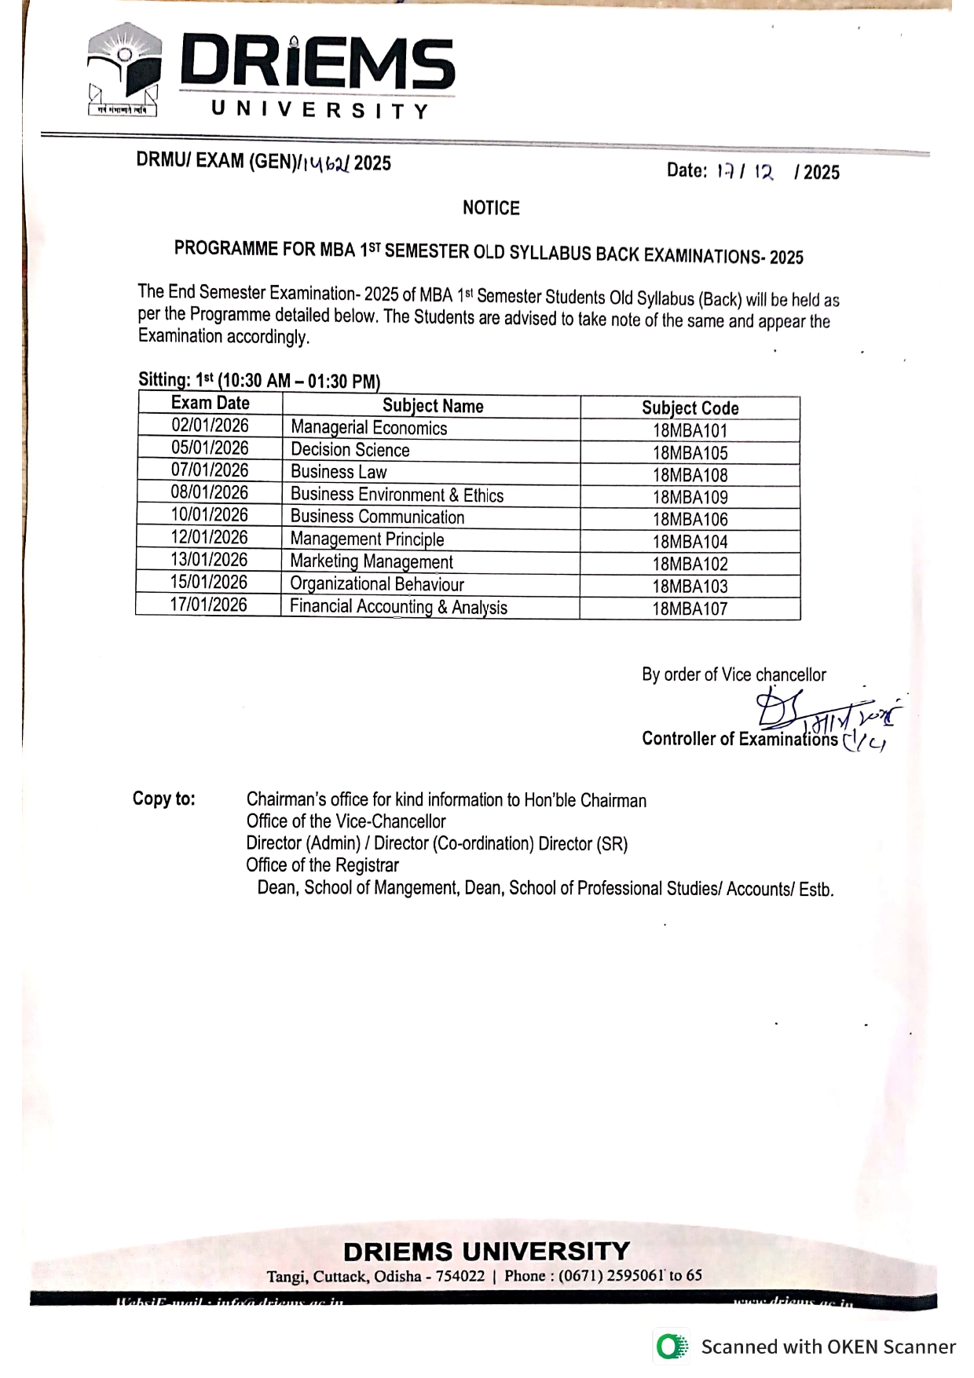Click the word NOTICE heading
(491, 208)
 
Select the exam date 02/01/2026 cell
(210, 426)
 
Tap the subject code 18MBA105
(690, 453)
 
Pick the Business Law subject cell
(339, 472)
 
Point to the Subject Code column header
(690, 408)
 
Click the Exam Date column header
(210, 404)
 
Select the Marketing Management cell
(371, 561)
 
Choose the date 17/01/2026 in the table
(208, 605)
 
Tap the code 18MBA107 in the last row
(690, 609)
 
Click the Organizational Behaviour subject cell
(376, 584)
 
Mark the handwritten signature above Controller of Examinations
(825, 715)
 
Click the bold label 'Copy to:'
(163, 799)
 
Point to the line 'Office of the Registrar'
(322, 865)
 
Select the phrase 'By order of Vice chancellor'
(734, 674)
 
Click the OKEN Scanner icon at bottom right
(672, 1347)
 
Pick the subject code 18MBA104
(690, 542)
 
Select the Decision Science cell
(350, 450)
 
